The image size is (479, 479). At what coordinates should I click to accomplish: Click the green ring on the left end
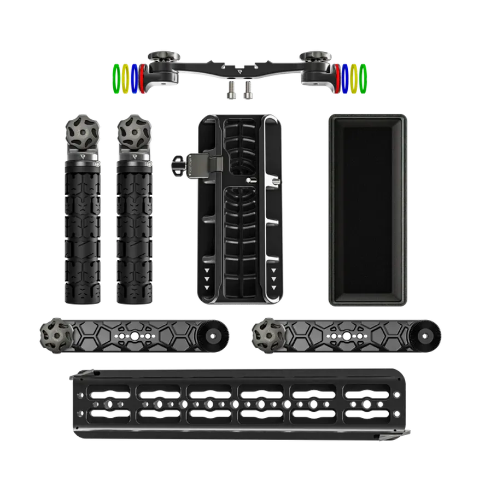(115, 78)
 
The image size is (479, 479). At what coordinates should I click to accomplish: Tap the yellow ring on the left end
(124, 77)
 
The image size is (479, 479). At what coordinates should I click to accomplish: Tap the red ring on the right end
(338, 77)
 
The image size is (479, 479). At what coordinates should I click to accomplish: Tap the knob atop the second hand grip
(131, 131)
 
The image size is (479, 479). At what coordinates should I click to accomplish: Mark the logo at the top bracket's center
(240, 70)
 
